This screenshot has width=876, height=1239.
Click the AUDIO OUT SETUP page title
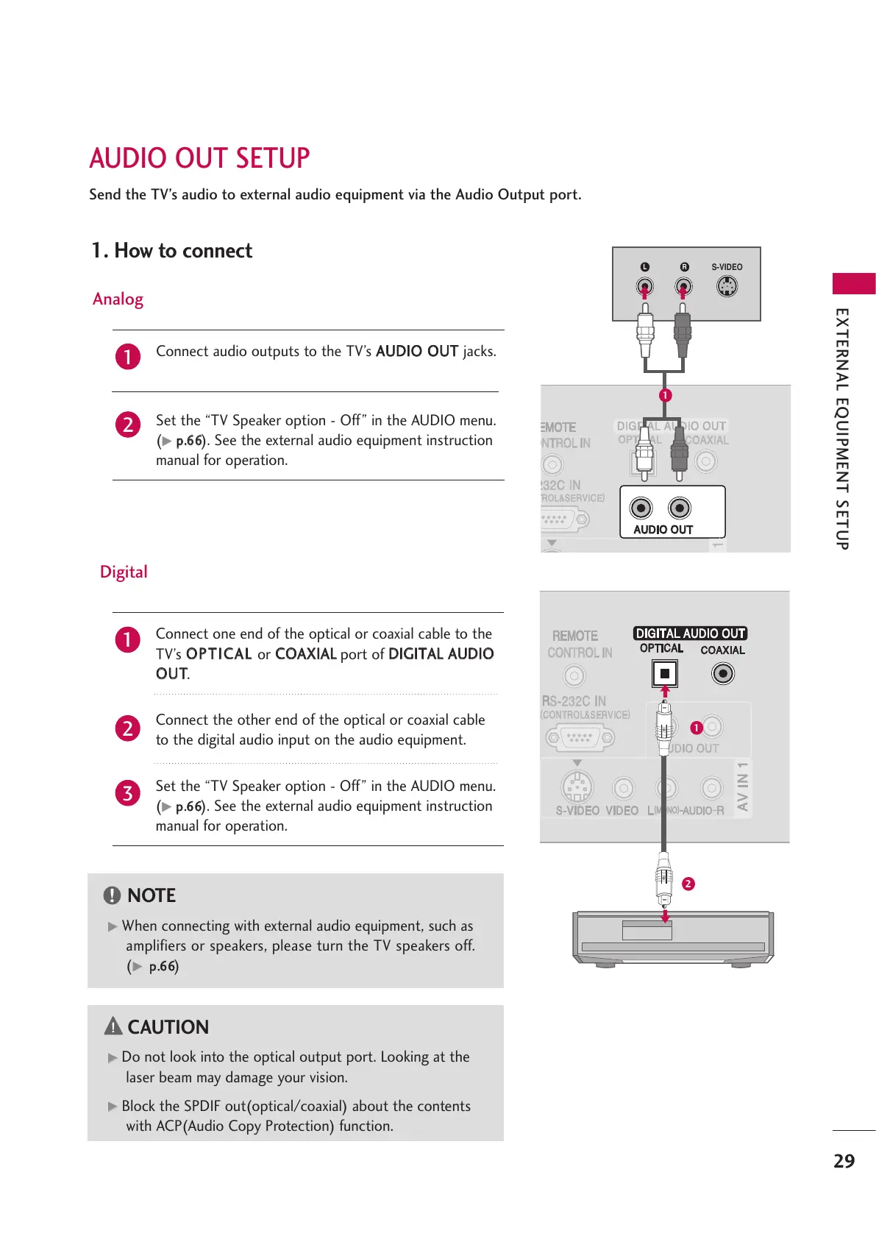[x=199, y=158]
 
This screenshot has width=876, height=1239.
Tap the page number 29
[x=844, y=1161]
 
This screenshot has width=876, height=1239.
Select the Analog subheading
[x=118, y=299]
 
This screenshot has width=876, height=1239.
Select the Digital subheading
[x=124, y=572]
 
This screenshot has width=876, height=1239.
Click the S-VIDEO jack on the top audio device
[x=727, y=286]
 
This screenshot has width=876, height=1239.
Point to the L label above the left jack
[x=644, y=267]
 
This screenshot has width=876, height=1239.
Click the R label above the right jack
[x=684, y=267]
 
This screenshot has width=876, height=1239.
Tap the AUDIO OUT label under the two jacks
[x=663, y=530]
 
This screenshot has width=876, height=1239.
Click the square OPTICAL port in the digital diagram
[x=664, y=673]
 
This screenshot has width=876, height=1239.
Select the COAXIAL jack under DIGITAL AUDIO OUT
[x=723, y=673]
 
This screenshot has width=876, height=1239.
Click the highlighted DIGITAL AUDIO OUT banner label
[x=690, y=633]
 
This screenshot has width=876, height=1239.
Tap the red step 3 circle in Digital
[x=127, y=793]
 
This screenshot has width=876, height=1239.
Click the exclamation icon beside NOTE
[x=112, y=895]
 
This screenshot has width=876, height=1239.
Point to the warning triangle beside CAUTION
[x=113, y=1026]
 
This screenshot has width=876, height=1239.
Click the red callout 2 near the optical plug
[x=688, y=884]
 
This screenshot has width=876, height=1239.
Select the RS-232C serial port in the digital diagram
[x=580, y=737]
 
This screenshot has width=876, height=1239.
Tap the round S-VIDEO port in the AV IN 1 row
[x=577, y=788]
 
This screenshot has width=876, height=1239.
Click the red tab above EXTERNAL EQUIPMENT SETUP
[x=853, y=283]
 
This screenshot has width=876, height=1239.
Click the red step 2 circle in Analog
[x=128, y=425]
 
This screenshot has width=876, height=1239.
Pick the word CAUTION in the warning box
[x=168, y=1027]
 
